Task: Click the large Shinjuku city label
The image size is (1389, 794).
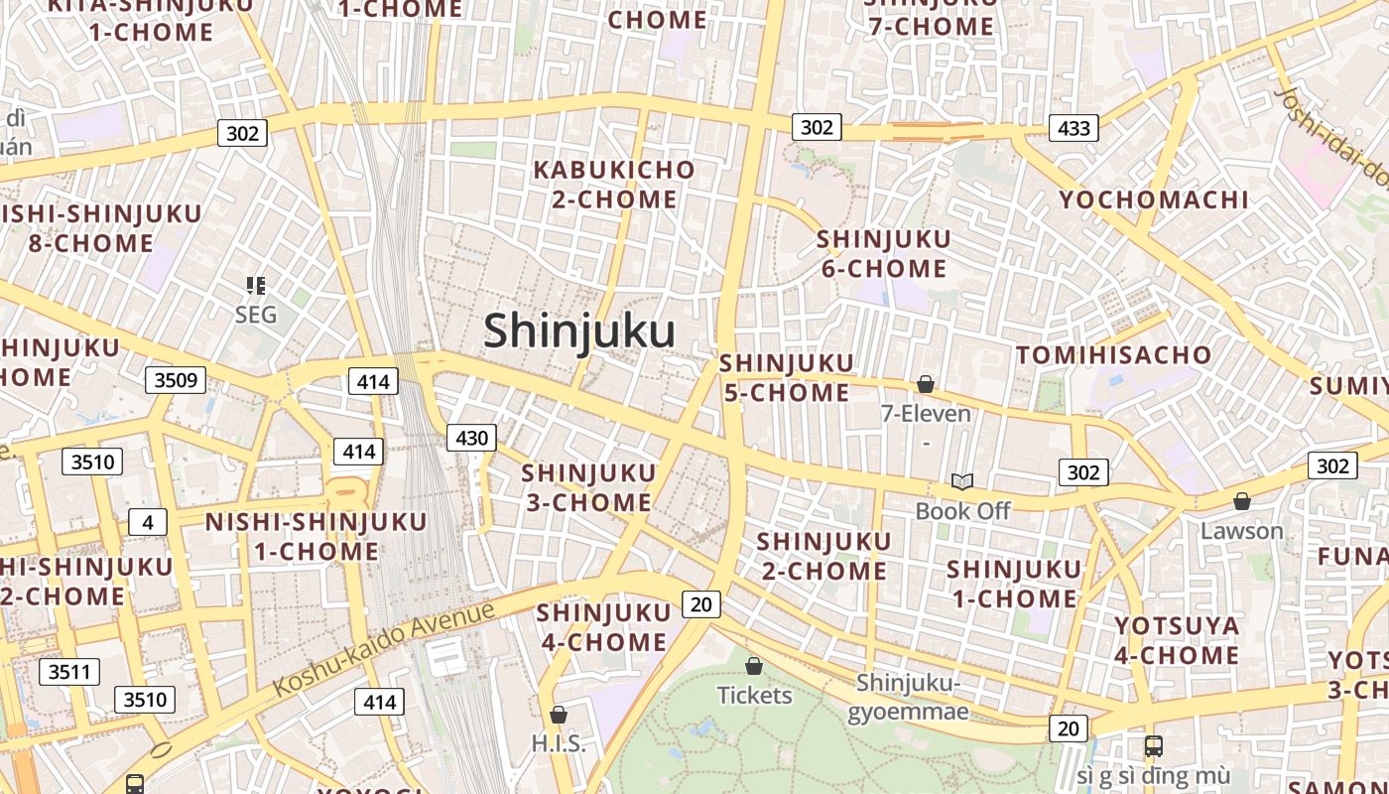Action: (x=578, y=331)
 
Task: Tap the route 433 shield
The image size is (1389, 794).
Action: (x=1073, y=127)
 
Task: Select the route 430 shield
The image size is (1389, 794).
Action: (x=471, y=438)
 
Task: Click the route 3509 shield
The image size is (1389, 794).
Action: (x=176, y=379)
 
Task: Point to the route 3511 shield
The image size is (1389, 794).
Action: (x=69, y=672)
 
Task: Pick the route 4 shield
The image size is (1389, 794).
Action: (x=147, y=522)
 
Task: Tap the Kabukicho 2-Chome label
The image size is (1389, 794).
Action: (x=614, y=185)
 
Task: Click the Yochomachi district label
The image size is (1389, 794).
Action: (x=1154, y=200)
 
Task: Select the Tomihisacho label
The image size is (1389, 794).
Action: (x=1114, y=355)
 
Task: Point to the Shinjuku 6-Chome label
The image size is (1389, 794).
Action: (x=883, y=254)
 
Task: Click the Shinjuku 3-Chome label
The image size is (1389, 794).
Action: (x=588, y=487)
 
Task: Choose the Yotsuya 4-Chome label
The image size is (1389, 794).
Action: (x=1177, y=641)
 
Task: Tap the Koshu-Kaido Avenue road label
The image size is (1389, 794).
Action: (x=384, y=648)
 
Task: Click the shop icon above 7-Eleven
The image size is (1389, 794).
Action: (x=926, y=384)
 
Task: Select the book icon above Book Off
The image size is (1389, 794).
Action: (x=961, y=482)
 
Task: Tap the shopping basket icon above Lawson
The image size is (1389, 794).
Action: (x=1241, y=502)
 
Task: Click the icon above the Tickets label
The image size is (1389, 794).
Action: (x=754, y=666)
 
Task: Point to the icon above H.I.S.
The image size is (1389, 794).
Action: (x=559, y=715)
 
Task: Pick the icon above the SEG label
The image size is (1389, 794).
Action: (x=256, y=287)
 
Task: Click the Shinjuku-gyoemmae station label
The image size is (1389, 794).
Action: (x=909, y=697)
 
